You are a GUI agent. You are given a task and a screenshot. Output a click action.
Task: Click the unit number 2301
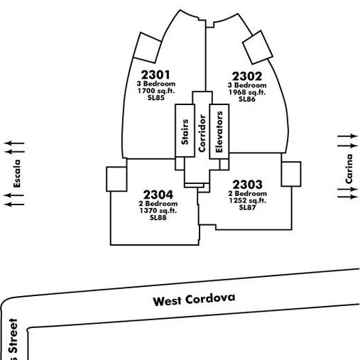(x=156, y=75)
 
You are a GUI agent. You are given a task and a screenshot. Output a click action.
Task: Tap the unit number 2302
(x=247, y=76)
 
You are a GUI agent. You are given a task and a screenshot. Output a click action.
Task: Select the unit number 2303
(x=247, y=185)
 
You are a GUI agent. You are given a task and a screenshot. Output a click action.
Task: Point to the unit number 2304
(x=158, y=195)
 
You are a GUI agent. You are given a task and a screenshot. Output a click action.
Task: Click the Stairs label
(x=185, y=132)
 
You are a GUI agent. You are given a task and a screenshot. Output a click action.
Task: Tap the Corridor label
(x=202, y=133)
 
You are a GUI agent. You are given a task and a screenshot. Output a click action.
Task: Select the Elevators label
(x=219, y=132)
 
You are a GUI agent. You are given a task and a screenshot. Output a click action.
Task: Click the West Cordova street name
(x=194, y=300)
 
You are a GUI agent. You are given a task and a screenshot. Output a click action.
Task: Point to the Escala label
(x=17, y=173)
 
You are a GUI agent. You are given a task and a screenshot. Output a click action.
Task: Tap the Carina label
(x=349, y=169)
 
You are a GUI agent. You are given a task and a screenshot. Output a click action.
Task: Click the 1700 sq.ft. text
(x=156, y=91)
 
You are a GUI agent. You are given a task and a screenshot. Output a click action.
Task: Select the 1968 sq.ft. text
(x=247, y=92)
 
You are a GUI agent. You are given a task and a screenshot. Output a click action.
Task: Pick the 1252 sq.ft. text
(x=247, y=200)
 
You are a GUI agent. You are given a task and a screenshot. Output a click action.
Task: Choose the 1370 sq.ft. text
(x=158, y=210)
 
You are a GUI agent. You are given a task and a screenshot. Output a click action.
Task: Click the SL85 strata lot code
(x=156, y=97)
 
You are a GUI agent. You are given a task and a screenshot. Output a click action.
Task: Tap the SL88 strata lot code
(x=158, y=217)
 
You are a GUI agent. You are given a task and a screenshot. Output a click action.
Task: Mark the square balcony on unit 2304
(x=116, y=179)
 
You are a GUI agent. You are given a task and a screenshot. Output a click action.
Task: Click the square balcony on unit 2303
(x=291, y=174)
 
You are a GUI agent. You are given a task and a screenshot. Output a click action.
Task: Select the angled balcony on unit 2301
(x=148, y=48)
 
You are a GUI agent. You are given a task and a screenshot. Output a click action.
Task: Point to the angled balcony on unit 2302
(x=258, y=48)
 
